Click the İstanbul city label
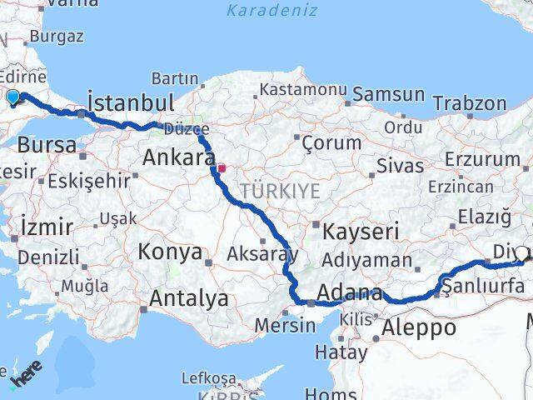pyautogui.click(x=131, y=103)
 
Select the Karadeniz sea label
pyautogui.click(x=271, y=11)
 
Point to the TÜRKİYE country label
pyautogui.click(x=280, y=191)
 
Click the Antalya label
pyautogui.click(x=189, y=298)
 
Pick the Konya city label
pyautogui.click(x=171, y=252)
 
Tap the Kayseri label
pyautogui.click(x=361, y=231)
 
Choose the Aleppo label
pyautogui.click(x=419, y=327)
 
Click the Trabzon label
pyautogui.click(x=470, y=103)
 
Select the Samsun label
pyautogui.click(x=389, y=94)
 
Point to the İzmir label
pyautogui.click(x=47, y=227)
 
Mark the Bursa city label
pyautogui.click(x=47, y=143)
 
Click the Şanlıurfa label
pyautogui.click(x=483, y=287)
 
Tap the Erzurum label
pyautogui.click(x=482, y=158)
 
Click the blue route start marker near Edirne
pyautogui.click(x=12, y=97)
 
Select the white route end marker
pyautogui.click(x=522, y=254)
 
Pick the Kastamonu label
pyautogui.click(x=302, y=89)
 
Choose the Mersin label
pyautogui.click(x=286, y=325)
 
